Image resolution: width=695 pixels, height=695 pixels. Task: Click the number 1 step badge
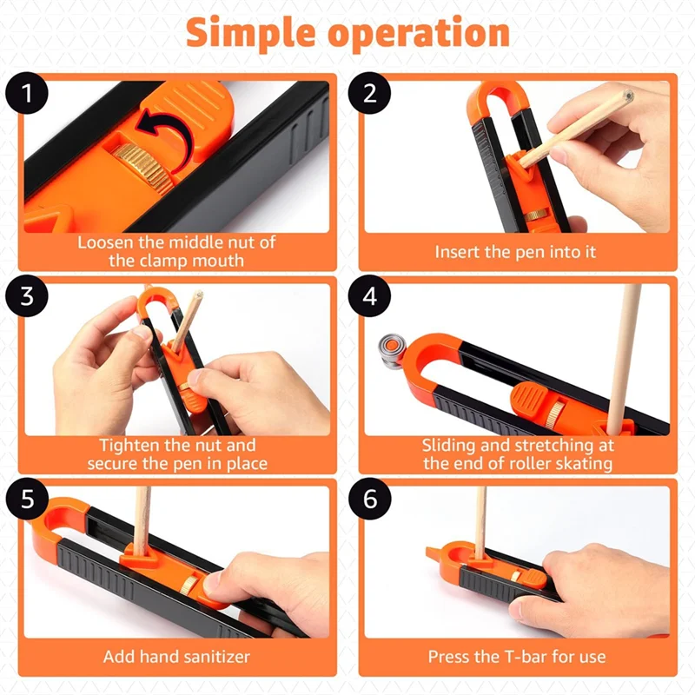pos(27,93)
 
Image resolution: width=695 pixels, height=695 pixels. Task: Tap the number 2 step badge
pos(369,93)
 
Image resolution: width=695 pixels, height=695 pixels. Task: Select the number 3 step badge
pos(27,295)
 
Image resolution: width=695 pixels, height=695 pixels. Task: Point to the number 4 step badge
pos(370,295)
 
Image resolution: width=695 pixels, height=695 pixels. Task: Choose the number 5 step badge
pos(27,499)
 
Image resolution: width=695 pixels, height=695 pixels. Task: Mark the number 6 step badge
pos(370,499)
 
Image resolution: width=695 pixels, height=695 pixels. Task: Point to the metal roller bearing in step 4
pos(392,350)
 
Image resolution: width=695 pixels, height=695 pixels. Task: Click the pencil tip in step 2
pos(627,95)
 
